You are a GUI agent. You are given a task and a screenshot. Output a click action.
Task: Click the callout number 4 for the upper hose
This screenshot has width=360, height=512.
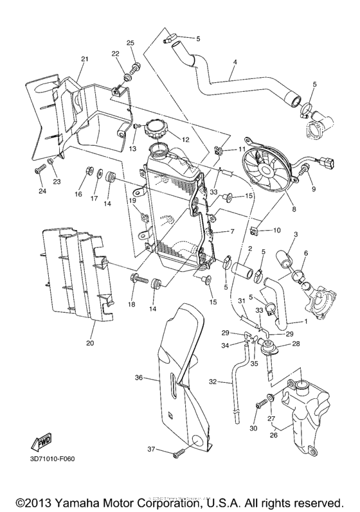[235, 62]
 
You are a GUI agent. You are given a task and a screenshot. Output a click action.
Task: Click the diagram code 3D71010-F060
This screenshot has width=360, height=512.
[52, 459]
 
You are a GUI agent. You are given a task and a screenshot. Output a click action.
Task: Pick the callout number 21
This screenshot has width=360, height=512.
[84, 59]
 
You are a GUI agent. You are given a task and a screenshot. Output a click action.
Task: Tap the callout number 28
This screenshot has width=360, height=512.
[296, 345]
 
